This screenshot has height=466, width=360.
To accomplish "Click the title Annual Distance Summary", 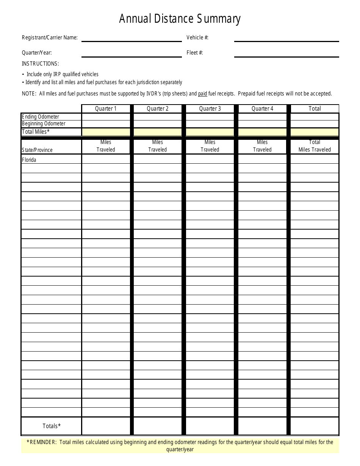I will (x=180, y=19).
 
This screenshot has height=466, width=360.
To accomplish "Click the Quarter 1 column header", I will (x=106, y=109).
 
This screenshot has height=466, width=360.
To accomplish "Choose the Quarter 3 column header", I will (x=210, y=109).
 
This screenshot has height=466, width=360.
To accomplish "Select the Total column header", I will (x=315, y=109).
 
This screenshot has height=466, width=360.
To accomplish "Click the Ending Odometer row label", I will (x=41, y=117).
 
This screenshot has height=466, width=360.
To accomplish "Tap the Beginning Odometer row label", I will (x=44, y=124).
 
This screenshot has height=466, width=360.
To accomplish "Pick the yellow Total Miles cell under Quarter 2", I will (x=158, y=132).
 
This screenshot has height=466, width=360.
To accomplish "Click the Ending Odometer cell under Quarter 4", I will (x=262, y=117).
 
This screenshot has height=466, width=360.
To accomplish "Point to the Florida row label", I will (x=29, y=160).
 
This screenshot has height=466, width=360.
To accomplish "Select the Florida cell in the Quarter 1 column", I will (x=106, y=159).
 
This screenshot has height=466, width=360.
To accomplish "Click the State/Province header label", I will (x=37, y=150).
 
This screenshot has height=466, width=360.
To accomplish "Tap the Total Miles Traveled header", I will (x=315, y=146).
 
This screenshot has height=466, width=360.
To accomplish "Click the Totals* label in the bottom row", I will (x=52, y=426).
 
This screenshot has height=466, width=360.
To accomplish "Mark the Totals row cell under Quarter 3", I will (x=210, y=426).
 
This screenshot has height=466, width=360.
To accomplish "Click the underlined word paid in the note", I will (x=202, y=94).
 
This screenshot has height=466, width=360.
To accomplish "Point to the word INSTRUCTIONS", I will (x=40, y=64).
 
